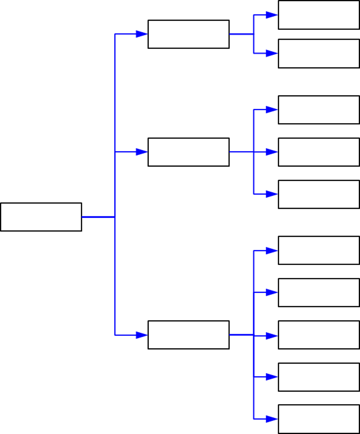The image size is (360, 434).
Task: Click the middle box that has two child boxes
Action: point(188,34)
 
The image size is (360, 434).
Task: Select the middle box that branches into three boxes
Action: point(188,152)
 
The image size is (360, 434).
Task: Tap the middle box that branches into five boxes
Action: point(188,335)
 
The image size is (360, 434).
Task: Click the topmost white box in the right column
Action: point(319,15)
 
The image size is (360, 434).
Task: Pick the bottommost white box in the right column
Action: point(319,419)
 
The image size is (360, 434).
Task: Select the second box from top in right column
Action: point(319,54)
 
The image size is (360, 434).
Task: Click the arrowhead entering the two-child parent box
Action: point(142,34)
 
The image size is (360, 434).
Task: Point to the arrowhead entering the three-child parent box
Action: point(142,152)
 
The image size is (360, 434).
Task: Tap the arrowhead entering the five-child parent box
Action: point(142,335)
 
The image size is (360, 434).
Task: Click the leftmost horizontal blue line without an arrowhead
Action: point(98,217)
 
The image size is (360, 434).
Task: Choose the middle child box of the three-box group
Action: point(319,152)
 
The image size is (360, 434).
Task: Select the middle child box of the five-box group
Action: point(319,335)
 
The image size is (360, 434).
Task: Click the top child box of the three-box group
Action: point(319,110)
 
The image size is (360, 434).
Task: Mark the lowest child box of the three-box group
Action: point(319,194)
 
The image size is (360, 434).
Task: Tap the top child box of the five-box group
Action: point(319,250)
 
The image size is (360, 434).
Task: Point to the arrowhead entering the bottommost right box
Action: point(271,419)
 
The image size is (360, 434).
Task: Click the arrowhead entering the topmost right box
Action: point(271,15)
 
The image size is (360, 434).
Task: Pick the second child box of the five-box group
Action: point(319,292)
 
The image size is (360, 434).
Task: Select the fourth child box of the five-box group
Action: point(319,377)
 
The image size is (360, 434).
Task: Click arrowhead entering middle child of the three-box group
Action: point(271,152)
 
